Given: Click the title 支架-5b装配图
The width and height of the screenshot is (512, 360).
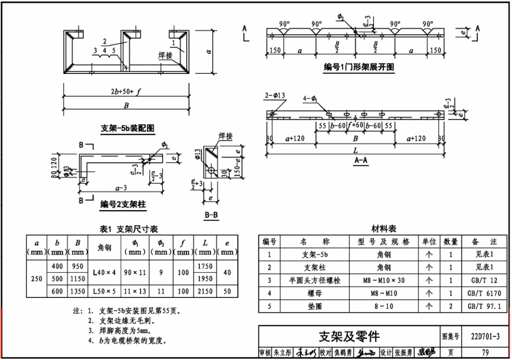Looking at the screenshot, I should (128, 128).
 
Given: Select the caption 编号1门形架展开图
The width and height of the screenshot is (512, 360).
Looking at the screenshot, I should (359, 67).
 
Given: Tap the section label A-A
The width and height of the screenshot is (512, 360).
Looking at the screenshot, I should (361, 161).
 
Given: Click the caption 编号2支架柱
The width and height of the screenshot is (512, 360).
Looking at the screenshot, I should (122, 205).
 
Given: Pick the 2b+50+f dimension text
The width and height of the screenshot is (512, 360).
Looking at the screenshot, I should (126, 92).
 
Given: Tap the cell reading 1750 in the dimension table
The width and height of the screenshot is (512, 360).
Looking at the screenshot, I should (205, 267).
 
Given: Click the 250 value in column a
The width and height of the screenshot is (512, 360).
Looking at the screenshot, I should (37, 279).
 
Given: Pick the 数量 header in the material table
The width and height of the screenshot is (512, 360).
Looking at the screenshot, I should (450, 242).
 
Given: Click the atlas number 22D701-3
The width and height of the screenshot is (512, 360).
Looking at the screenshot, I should (485, 337).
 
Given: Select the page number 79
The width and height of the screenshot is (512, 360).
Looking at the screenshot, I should (485, 352).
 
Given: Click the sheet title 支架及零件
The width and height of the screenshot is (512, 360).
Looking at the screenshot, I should (349, 336).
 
